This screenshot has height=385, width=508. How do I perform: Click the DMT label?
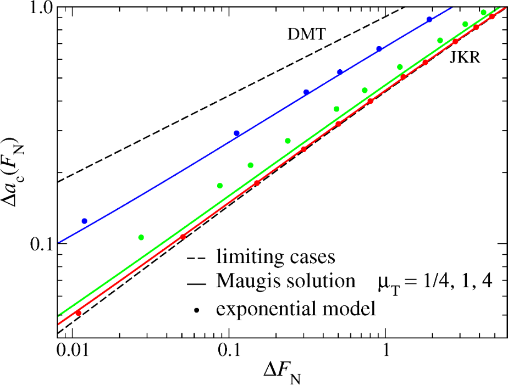tap(307, 35)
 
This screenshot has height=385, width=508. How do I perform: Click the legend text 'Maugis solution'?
tap(285, 281)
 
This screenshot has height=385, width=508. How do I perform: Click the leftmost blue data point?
tap(84, 221)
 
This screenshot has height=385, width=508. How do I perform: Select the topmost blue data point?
tap(429, 20)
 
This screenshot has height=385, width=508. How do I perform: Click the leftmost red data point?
tap(78, 313)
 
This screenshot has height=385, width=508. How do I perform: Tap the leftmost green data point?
tap(141, 237)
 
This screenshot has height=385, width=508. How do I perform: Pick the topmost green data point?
tap(484, 13)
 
